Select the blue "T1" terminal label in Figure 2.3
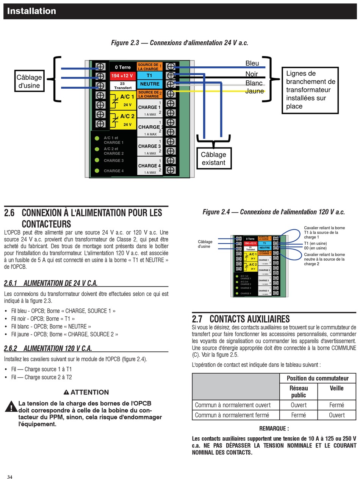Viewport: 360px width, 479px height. pos(149,75)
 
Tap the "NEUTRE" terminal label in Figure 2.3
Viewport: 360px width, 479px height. pos(149,84)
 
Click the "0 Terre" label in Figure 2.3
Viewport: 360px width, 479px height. pos(122,67)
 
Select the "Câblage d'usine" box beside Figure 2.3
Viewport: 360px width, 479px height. pos(29,81)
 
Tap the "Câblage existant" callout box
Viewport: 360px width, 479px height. pos(213,158)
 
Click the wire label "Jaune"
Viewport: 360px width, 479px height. pos(254,91)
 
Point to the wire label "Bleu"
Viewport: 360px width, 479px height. pos(252,63)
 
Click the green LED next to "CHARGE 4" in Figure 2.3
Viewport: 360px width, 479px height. pos(97,171)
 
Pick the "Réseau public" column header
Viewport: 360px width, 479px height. pos(299,391)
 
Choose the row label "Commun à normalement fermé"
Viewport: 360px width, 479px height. pos(232,415)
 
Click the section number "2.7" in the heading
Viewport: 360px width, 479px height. pos(197,319)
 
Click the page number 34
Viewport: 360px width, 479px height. pos(9,477)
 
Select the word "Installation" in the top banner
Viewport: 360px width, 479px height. pos(31,11)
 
